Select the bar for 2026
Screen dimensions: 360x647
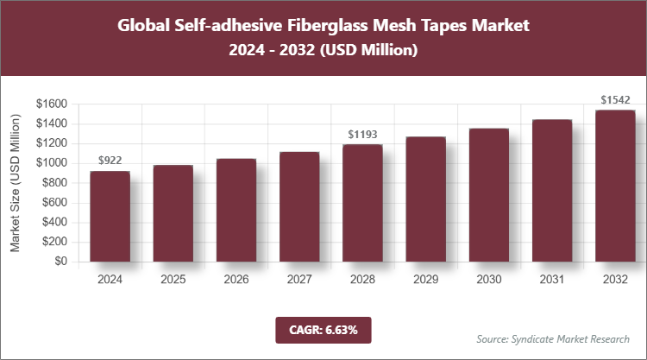click(236, 211)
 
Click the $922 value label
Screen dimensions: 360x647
click(110, 161)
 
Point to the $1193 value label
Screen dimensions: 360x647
click(362, 135)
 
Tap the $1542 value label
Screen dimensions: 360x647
click(615, 100)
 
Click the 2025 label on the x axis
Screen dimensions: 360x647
click(173, 280)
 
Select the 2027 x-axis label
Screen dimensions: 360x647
click(299, 280)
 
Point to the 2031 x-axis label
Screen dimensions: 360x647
click(552, 280)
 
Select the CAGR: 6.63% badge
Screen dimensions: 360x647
click(323, 330)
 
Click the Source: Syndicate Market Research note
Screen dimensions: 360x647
click(552, 338)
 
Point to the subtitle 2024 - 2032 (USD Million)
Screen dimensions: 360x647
click(323, 51)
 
